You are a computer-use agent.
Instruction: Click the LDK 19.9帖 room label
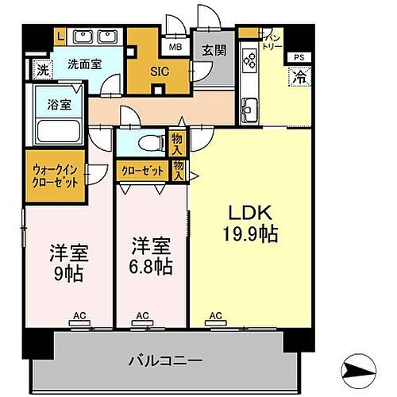tap(252, 224)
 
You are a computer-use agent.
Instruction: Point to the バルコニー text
tap(165, 360)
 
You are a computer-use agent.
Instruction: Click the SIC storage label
tap(158, 69)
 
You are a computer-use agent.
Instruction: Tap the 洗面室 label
tap(83, 64)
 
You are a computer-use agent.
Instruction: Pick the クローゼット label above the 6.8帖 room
tap(143, 169)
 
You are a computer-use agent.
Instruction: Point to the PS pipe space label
tap(299, 58)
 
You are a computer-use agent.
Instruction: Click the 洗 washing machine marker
tap(42, 70)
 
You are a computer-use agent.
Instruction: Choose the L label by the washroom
tap(60, 35)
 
